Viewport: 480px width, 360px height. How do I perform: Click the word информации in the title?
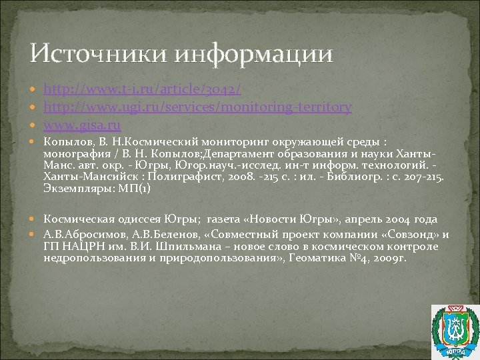click(x=253, y=53)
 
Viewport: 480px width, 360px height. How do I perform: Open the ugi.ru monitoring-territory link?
click(x=197, y=107)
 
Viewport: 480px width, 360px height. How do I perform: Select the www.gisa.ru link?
click(x=81, y=125)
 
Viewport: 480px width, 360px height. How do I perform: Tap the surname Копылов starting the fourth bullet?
click(x=64, y=142)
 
